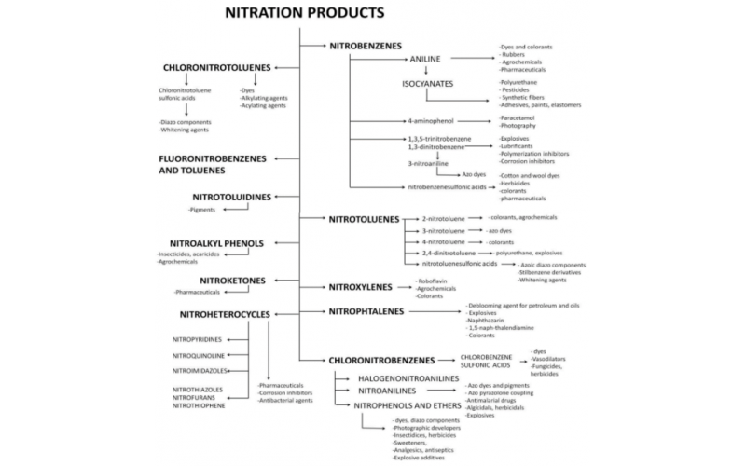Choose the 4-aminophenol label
coord(425,121)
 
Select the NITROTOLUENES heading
coord(364,219)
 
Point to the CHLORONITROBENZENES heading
coord(381,359)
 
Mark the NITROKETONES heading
coord(232,280)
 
